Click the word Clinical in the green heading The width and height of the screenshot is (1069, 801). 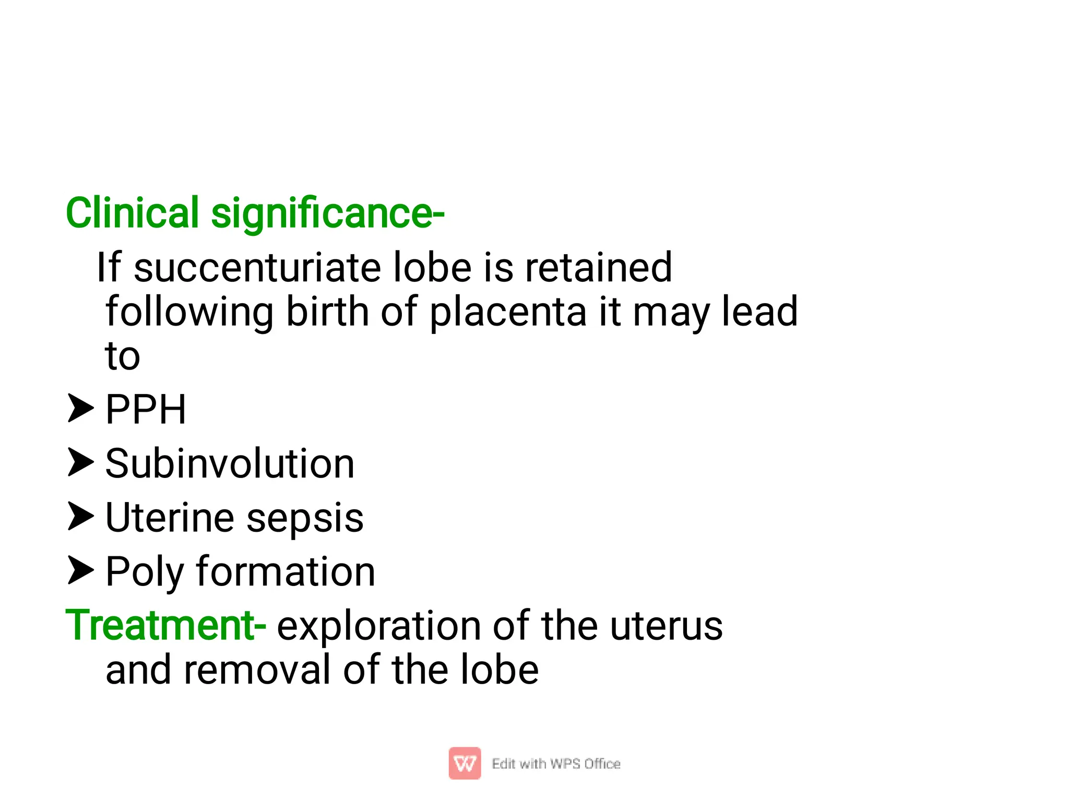[132, 213]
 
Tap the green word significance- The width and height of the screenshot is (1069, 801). [327, 214]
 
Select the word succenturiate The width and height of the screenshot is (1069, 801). [257, 268]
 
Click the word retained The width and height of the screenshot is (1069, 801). [598, 267]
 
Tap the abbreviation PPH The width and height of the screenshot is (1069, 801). [146, 409]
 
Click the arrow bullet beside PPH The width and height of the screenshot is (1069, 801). [80, 408]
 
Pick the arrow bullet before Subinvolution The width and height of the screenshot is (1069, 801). [80, 462]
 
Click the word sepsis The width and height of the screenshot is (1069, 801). [305, 518]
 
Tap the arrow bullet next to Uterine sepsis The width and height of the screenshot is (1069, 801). [80, 516]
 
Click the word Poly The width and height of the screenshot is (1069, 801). [145, 572]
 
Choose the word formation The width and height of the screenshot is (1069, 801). [286, 571]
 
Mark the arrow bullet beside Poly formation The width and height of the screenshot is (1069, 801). [80, 570]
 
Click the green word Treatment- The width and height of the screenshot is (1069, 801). [165, 625]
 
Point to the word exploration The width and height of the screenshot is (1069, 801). [379, 626]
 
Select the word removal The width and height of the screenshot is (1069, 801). [257, 670]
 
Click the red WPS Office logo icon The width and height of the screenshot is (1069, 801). [465, 763]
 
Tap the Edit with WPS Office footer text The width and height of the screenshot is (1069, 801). [556, 764]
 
